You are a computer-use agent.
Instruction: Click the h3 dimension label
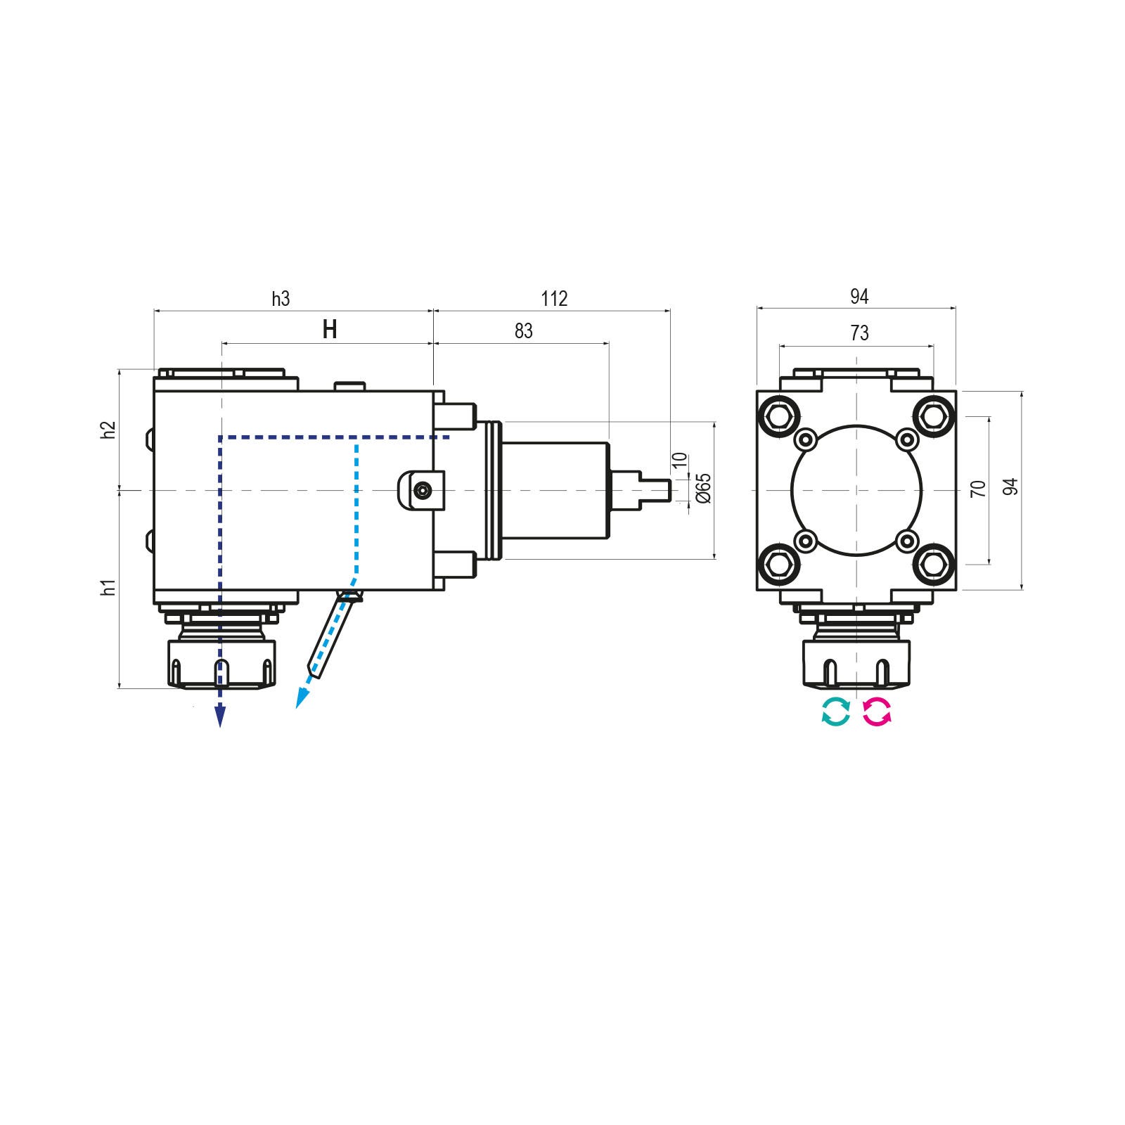[281, 299]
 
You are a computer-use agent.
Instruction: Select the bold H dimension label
[330, 329]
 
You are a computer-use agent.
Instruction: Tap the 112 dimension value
[554, 299]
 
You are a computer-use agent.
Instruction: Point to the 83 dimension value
[524, 331]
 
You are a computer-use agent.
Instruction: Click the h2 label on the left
[108, 430]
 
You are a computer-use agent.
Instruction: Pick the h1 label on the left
[108, 587]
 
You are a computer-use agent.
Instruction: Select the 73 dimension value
[859, 333]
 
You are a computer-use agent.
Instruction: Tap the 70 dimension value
[978, 489]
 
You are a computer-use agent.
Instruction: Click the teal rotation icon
[836, 712]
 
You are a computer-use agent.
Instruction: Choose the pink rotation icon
[877, 712]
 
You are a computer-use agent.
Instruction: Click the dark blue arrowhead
[220, 716]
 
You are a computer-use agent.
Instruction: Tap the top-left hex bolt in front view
[778, 415]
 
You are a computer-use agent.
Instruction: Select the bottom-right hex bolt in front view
[934, 563]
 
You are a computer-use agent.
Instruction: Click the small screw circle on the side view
[422, 490]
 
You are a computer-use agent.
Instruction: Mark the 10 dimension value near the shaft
[679, 461]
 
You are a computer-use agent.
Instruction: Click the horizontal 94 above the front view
[859, 297]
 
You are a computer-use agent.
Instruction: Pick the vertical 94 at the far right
[1010, 487]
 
